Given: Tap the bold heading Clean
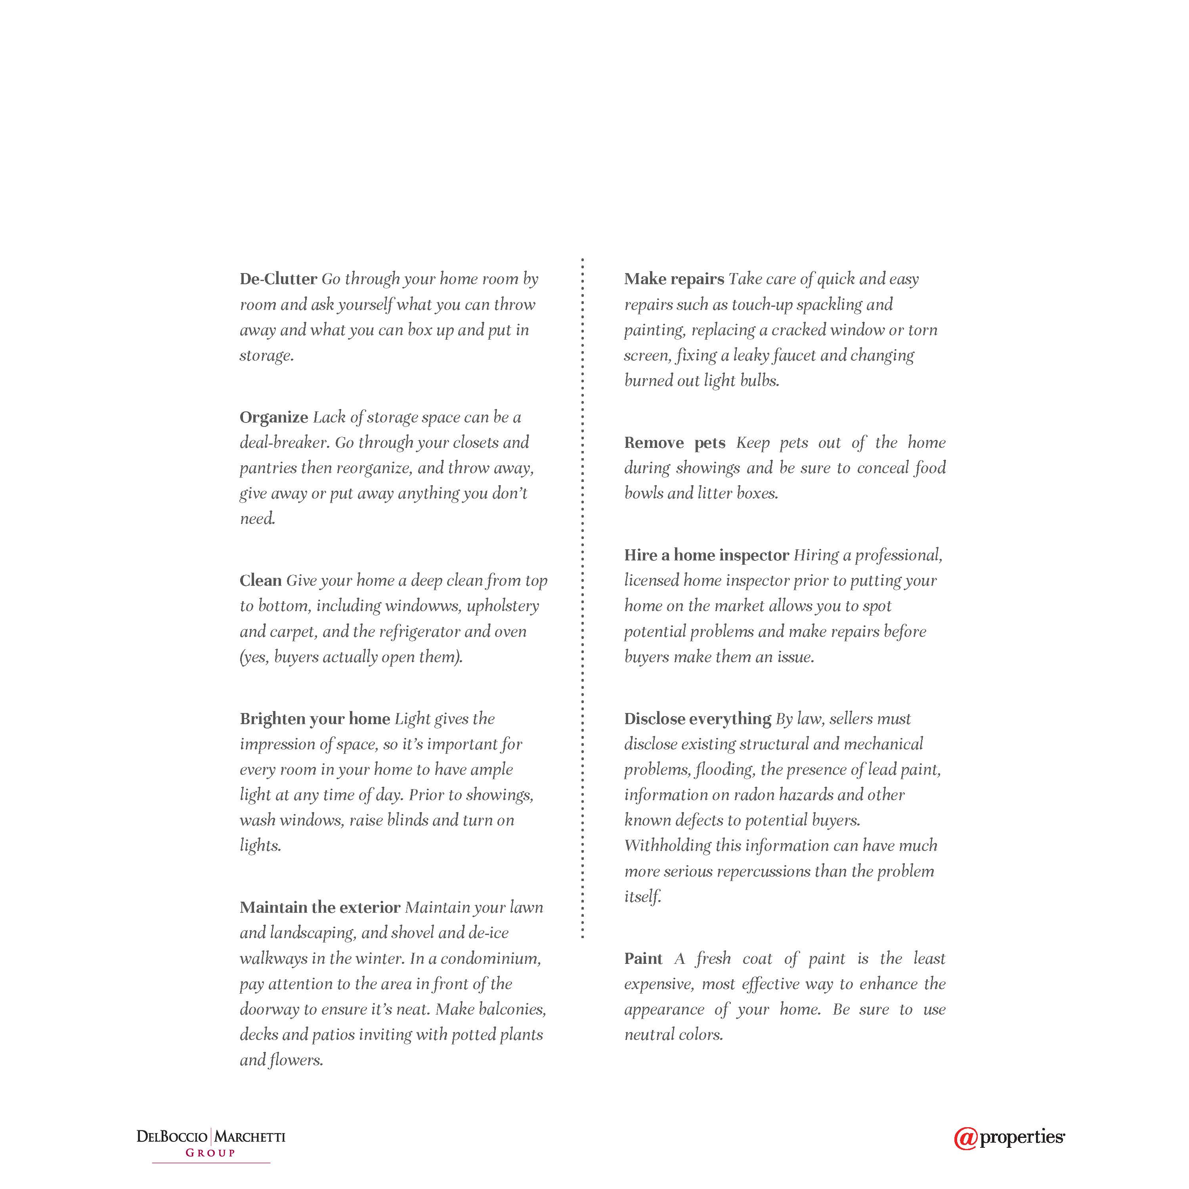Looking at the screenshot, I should tap(260, 580).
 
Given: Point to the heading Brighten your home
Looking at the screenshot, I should tap(314, 719).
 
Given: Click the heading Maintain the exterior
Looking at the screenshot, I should tap(320, 908).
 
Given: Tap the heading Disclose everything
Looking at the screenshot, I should tap(697, 719).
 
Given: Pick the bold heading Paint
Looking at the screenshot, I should tap(643, 959).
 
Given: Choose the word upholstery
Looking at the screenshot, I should tap(503, 606).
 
